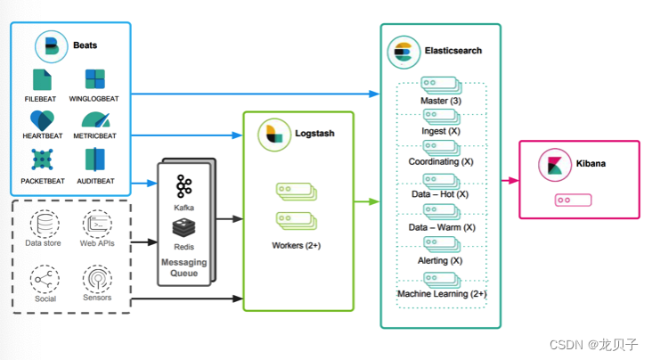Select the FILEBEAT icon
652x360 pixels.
coord(43,79)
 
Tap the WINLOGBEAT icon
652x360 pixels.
coord(94,79)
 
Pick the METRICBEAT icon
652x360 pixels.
coord(94,120)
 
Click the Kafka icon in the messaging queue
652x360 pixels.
coord(184,186)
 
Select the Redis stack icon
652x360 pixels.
coord(184,228)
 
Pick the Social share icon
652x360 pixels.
coord(45,279)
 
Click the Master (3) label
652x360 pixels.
coord(441,101)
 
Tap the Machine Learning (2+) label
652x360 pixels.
coord(442,293)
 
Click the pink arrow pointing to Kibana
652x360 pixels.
coord(510,180)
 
